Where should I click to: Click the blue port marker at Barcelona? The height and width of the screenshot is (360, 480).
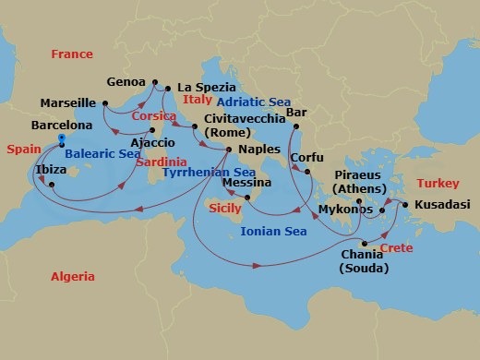pos(61,139)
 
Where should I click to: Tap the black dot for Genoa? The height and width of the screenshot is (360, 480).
pos(154,81)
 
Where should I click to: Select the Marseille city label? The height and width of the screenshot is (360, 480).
pos(69,102)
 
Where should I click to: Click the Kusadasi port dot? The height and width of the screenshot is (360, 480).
pos(403,204)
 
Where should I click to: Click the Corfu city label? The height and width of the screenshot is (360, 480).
pos(306,158)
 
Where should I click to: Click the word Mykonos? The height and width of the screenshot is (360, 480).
pos(343,210)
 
